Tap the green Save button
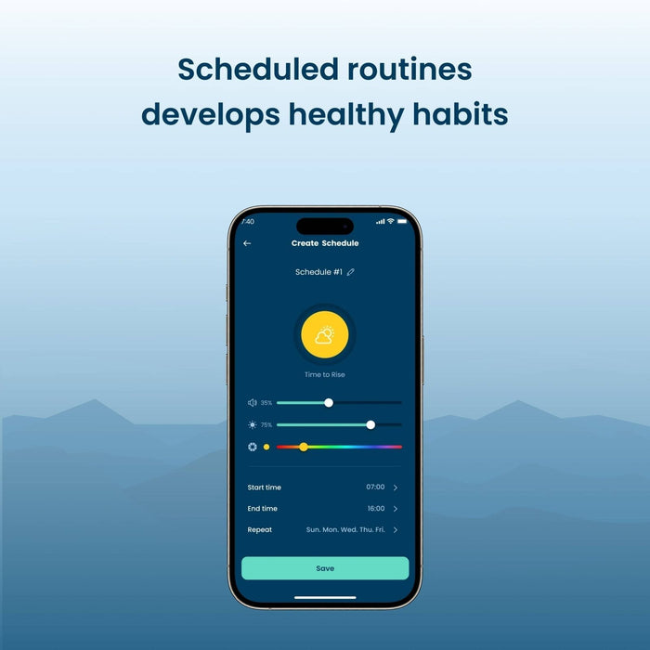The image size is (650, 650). coord(325,568)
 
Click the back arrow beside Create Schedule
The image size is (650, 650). coord(247,243)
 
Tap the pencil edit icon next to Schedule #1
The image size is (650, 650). coord(351,272)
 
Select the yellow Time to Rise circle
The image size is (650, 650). coord(325,334)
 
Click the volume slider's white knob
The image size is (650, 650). coord(329,402)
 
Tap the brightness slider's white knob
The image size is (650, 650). coord(370,424)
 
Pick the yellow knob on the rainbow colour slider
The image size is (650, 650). coord(304,447)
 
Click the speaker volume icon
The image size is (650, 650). coord(252,402)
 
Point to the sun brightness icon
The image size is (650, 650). coord(252,424)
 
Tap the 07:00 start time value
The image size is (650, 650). coord(375,487)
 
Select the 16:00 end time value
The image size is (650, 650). coord(376,508)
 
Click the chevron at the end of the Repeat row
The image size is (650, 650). coord(396,530)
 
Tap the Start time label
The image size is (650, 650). coord(264,487)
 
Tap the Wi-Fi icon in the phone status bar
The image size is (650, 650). coord(391,221)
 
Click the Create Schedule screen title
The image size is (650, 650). coord(325,243)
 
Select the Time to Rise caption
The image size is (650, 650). coord(325,374)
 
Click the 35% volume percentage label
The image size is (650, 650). coord(266,402)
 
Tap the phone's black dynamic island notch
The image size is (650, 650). coord(325,227)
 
